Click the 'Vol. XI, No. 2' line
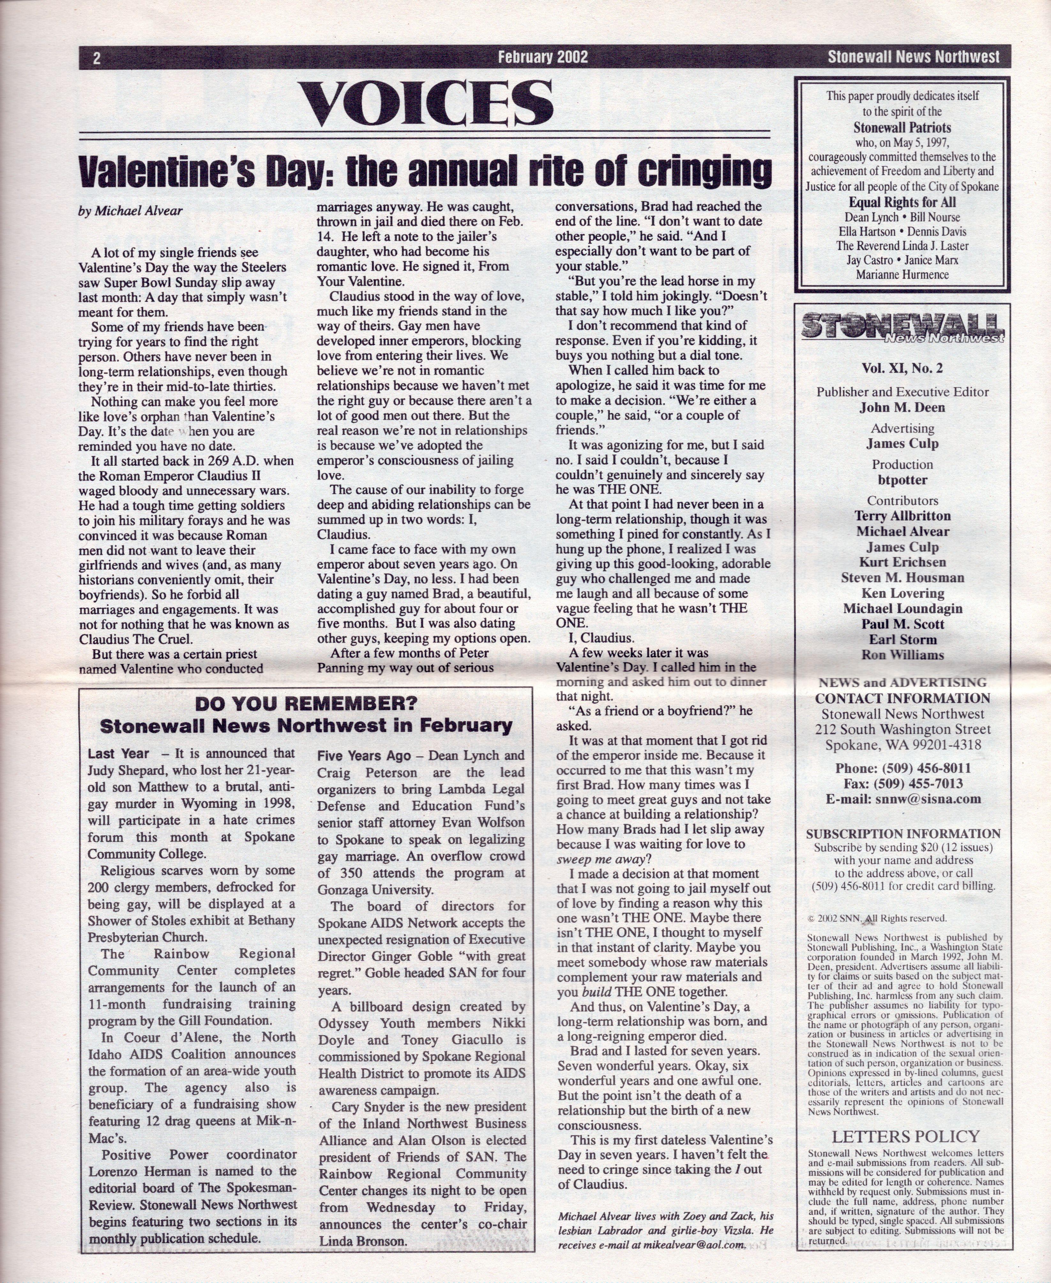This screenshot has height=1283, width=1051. coord(902,368)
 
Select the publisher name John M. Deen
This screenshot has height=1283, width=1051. coord(902,407)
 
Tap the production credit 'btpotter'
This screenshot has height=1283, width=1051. coord(902,480)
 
